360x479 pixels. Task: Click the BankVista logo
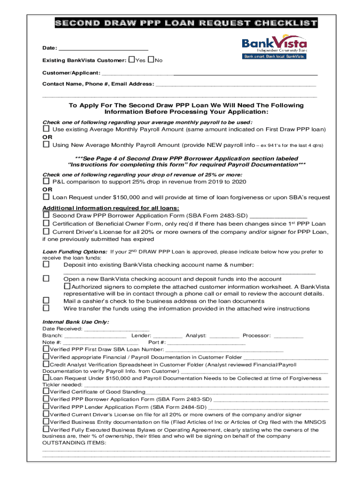pyautogui.click(x=274, y=48)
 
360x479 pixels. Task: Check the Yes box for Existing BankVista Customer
pyautogui.click(x=131, y=60)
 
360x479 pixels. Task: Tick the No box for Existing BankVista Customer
pyautogui.click(x=151, y=60)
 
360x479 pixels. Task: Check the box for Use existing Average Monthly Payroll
pyautogui.click(x=46, y=129)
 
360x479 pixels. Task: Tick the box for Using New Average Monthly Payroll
pyautogui.click(x=46, y=145)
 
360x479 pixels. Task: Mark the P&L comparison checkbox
pyautogui.click(x=46, y=181)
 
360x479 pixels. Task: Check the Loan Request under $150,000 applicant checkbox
pyautogui.click(x=46, y=197)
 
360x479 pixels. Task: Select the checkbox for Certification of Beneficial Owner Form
pyautogui.click(x=46, y=224)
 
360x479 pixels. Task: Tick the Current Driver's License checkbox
pyautogui.click(x=46, y=232)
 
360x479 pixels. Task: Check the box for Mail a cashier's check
pyautogui.click(x=46, y=301)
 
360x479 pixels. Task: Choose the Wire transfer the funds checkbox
pyautogui.click(x=46, y=308)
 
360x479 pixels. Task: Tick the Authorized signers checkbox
pyautogui.click(x=67, y=286)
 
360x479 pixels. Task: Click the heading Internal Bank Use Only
pyautogui.click(x=76, y=322)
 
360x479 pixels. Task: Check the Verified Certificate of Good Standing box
pyautogui.click(x=46, y=391)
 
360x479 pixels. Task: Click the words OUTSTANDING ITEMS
pyautogui.click(x=74, y=443)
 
